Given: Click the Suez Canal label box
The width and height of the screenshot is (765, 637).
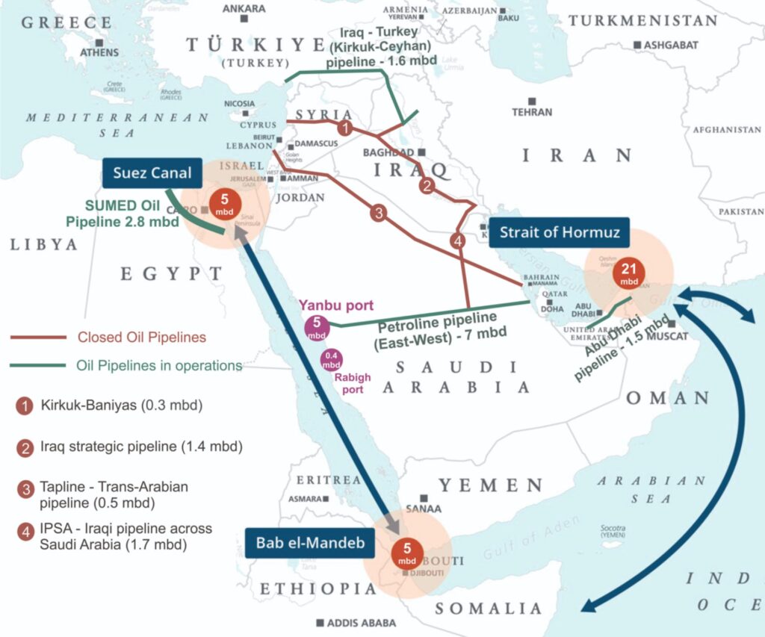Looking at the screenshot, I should click(x=152, y=174).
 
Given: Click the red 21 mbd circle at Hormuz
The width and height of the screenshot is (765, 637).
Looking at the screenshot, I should click(x=628, y=276).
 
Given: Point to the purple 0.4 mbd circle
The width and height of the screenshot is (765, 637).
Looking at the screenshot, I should click(x=331, y=361).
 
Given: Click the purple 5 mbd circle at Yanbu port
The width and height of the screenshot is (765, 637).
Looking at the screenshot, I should click(x=316, y=327).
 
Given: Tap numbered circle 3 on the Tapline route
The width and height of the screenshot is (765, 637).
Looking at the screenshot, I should click(x=379, y=214).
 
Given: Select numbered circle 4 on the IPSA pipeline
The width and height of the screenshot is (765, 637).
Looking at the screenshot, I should click(x=458, y=241).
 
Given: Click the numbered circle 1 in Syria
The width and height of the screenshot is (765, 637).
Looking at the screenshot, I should click(x=344, y=128).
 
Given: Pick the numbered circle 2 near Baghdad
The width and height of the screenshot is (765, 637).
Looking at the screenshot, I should click(x=427, y=186).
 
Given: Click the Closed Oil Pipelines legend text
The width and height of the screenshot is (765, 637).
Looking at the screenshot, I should click(x=142, y=338).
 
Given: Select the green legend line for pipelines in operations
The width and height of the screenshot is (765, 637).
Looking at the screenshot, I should click(x=37, y=366).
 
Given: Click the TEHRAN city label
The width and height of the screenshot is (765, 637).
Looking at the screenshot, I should click(x=532, y=112).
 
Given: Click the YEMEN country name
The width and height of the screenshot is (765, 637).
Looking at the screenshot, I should click(x=490, y=485).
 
